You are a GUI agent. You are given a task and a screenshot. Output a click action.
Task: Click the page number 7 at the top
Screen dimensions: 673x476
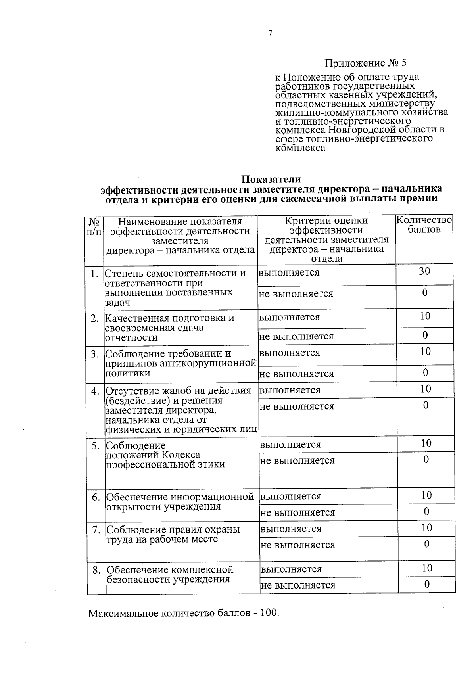(271, 33)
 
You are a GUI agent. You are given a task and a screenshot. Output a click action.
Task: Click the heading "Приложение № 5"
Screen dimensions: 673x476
(366, 63)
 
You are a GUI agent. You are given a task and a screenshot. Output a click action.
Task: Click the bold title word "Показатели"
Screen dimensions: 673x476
(271, 180)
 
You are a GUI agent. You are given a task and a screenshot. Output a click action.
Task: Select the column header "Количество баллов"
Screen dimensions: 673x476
(424, 225)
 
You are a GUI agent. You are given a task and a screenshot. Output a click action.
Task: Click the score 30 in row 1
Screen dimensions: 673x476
(424, 272)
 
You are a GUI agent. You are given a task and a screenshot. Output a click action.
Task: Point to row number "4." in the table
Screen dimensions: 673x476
(95, 391)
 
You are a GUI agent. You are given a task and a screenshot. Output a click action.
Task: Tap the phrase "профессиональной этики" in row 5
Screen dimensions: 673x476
(165, 464)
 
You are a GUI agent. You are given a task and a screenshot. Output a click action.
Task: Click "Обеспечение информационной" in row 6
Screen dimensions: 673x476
(180, 497)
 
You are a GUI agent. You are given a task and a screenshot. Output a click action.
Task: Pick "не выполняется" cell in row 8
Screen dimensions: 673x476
(298, 585)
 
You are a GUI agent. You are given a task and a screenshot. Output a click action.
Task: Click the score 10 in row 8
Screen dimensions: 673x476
(427, 568)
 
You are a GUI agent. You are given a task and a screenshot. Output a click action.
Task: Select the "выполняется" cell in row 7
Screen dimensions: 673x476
(291, 529)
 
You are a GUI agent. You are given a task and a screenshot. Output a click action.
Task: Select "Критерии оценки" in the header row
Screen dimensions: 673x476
(326, 220)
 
